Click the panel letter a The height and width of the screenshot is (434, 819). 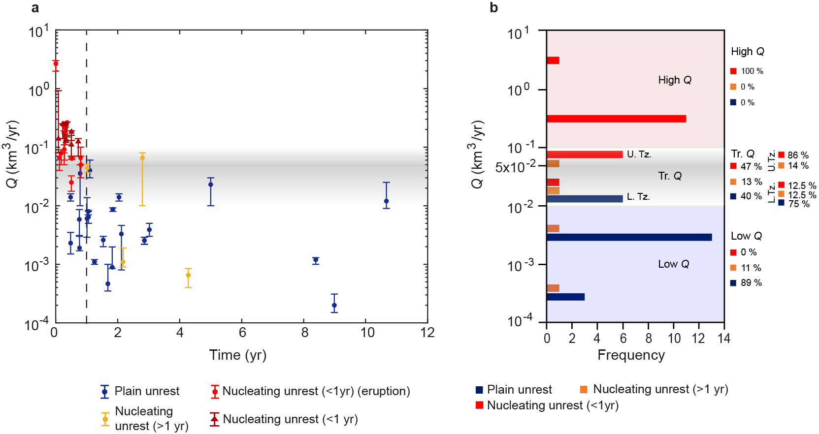click(35, 8)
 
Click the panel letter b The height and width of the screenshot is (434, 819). click(493, 8)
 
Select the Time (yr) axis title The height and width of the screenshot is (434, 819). click(237, 355)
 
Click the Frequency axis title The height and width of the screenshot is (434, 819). click(631, 355)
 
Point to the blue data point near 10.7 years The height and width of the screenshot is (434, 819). click(387, 201)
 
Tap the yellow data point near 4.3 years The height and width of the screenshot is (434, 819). click(188, 275)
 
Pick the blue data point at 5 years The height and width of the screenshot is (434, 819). click(211, 185)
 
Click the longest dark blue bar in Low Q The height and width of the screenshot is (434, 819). click(629, 237)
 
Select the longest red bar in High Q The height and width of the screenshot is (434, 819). click(616, 119)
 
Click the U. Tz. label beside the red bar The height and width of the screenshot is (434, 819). click(639, 155)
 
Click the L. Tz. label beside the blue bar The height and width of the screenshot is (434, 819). click(638, 197)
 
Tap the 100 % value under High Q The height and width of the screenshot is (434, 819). click(752, 71)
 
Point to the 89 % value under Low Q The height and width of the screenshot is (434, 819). click(751, 283)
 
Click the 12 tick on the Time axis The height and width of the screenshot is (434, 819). click(427, 333)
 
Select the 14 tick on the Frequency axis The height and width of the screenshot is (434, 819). click(724, 338)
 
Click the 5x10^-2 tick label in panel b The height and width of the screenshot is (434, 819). click(516, 167)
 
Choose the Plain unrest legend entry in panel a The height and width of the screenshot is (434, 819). click(146, 391)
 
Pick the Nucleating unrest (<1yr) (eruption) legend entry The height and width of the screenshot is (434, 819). click(316, 391)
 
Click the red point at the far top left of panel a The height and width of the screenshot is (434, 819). click(56, 63)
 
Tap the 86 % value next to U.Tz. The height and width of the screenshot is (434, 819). click(798, 155)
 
